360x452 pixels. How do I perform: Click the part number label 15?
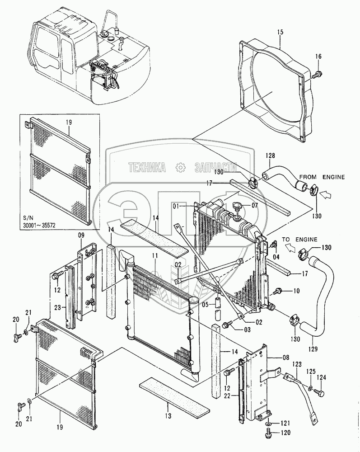280,33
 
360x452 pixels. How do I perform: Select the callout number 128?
270,156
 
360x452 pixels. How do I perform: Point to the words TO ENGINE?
299,239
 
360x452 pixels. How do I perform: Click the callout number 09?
81,235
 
